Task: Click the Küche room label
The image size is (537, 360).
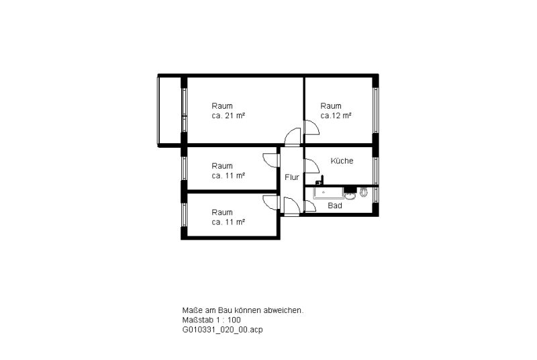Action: click(x=342, y=161)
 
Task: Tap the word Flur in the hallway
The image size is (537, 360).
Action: click(x=292, y=177)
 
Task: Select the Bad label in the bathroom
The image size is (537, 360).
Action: click(x=334, y=206)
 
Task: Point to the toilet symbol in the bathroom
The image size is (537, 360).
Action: click(x=363, y=193)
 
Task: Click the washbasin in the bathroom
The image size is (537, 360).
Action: click(x=350, y=195)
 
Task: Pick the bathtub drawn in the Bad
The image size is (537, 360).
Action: click(x=329, y=193)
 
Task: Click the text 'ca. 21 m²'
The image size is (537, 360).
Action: click(x=228, y=116)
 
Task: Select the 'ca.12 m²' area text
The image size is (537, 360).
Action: click(x=336, y=116)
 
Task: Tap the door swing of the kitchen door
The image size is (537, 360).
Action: click(x=312, y=166)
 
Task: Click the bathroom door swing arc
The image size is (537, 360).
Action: click(x=310, y=206)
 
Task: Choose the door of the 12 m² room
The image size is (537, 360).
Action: click(x=312, y=128)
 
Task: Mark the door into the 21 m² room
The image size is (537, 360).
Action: click(x=293, y=135)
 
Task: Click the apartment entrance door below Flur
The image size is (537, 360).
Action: click(x=292, y=206)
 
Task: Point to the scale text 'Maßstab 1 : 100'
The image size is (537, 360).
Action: click(x=211, y=320)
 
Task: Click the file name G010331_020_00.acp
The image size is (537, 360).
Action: click(x=223, y=330)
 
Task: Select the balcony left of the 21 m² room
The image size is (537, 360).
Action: click(x=169, y=111)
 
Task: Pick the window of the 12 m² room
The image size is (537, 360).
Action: click(x=376, y=110)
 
